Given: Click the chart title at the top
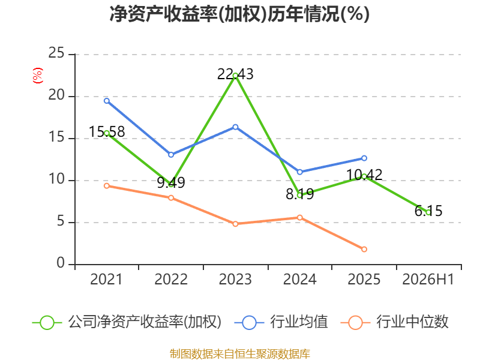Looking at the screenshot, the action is [x=239, y=14].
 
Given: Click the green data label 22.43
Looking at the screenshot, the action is [x=235, y=74].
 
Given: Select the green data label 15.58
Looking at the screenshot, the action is [x=107, y=131].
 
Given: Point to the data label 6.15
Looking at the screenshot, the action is [x=428, y=211].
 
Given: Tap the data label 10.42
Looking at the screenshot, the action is [x=364, y=175].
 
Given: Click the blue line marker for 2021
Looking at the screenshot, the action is [x=107, y=101].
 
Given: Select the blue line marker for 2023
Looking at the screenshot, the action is [x=235, y=127].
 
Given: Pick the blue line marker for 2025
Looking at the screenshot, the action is [x=364, y=158].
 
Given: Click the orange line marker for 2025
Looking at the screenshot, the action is [x=364, y=249].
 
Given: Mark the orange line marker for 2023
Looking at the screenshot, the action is [x=235, y=224].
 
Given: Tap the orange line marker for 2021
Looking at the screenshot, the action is [x=107, y=186].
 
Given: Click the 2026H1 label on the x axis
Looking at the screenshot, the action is [x=428, y=279].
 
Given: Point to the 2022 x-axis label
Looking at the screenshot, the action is [x=171, y=279].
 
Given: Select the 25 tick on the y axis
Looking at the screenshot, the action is [x=56, y=53].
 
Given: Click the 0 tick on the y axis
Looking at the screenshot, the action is [x=61, y=263].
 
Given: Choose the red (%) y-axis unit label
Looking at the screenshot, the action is [x=38, y=76].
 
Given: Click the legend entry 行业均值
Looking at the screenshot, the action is [x=281, y=322].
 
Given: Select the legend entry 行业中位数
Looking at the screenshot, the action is [x=394, y=322].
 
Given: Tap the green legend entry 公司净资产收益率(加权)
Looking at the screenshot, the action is [x=127, y=322].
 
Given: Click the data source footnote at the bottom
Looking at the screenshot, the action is [x=240, y=354].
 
